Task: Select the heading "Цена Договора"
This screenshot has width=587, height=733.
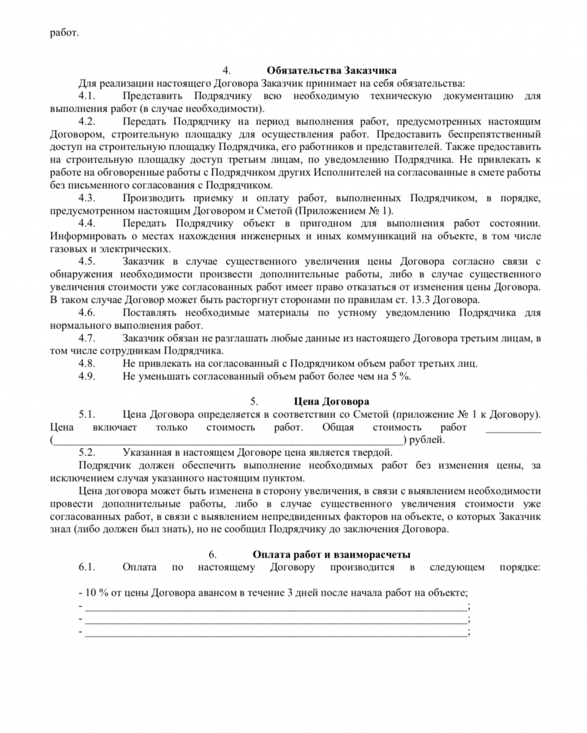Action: (331, 401)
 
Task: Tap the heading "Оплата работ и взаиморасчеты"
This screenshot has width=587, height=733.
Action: (331, 554)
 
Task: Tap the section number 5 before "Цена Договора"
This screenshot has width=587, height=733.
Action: (254, 401)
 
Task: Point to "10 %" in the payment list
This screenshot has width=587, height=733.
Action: (95, 593)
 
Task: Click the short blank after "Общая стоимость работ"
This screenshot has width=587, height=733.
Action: (513, 429)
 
